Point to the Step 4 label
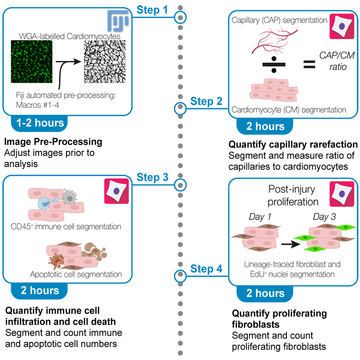tap(206, 269)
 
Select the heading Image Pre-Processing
tap(53, 142)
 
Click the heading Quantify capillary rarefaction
tap(293, 145)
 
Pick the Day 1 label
tap(260, 217)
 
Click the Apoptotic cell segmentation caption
tap(76, 274)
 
